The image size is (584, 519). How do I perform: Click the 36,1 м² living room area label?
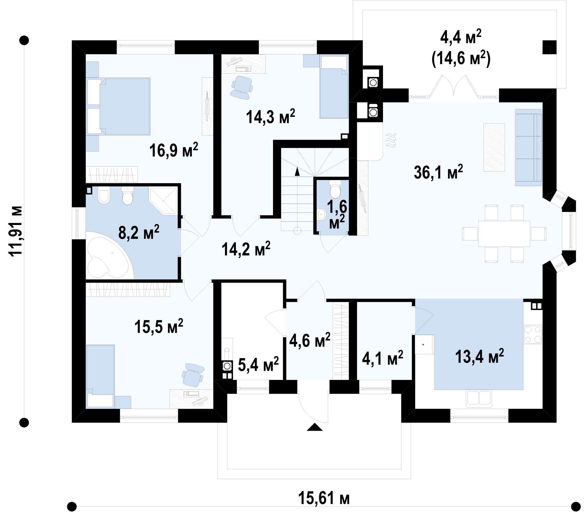pos(438,172)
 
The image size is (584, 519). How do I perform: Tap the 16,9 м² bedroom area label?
pos(174,150)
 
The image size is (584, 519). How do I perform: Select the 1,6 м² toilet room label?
pos(337,214)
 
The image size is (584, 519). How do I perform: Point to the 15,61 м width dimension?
pos(324,498)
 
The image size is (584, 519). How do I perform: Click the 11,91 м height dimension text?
pos(15,232)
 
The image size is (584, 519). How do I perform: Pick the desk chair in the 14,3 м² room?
pos(242,87)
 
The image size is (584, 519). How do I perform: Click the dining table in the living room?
pos(504,233)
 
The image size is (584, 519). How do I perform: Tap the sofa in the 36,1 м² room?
pos(528,147)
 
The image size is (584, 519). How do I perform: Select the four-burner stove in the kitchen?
pos(533,334)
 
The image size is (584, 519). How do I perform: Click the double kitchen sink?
pos(479,398)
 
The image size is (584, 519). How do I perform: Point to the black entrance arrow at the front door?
pos(315,427)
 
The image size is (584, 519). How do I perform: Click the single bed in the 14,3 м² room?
pos(334,87)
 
